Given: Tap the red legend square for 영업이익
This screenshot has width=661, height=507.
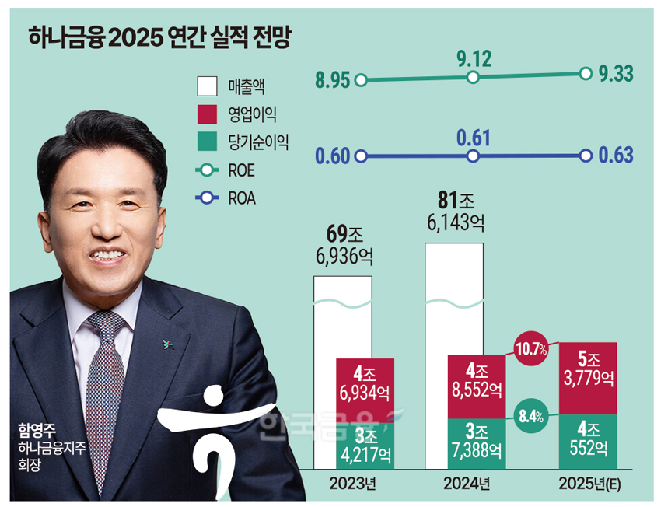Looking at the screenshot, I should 208,114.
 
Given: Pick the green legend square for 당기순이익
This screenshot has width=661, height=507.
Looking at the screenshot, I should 208,142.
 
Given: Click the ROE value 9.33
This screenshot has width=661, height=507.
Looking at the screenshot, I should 617,74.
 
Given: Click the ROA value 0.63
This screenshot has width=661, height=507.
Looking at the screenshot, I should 617,155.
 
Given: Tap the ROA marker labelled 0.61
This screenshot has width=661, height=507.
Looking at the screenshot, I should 472,156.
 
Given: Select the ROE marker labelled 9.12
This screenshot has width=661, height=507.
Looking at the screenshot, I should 472,77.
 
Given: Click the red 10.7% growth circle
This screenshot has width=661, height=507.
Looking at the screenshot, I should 530,346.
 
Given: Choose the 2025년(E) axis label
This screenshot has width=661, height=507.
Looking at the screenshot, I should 596,484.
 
